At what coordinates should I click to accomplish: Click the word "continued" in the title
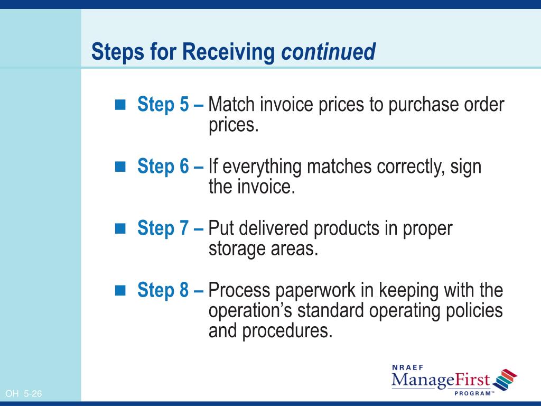[328, 52]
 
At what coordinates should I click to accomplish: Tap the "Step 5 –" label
[170, 105]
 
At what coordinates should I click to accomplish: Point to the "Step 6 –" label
[170, 167]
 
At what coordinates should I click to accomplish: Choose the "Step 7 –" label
[170, 228]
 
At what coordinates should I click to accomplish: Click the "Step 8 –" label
[170, 290]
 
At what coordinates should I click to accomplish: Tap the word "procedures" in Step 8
[288, 331]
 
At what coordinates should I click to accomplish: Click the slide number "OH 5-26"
[24, 393]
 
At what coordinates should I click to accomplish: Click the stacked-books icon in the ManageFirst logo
[505, 380]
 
